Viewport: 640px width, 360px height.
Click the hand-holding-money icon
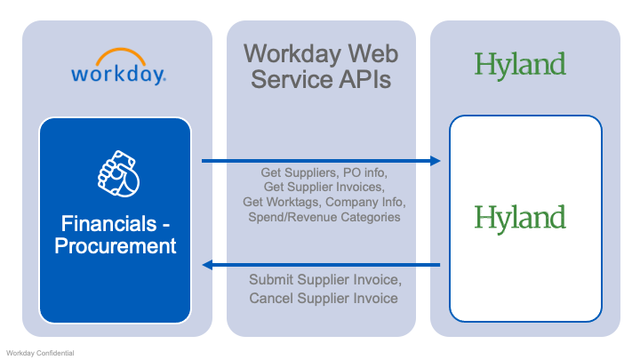point(116,174)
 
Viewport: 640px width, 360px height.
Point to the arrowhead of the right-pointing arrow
point(436,161)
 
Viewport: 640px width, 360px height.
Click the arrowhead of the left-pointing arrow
point(208,265)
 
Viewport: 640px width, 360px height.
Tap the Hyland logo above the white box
point(520,64)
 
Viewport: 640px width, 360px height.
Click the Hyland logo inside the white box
point(520,217)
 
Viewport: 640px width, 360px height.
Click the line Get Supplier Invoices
point(323,187)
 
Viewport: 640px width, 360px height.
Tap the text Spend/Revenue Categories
point(323,217)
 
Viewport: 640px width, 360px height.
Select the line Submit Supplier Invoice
point(324,279)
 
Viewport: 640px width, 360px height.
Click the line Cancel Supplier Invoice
point(324,298)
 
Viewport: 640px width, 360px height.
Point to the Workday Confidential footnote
point(40,353)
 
